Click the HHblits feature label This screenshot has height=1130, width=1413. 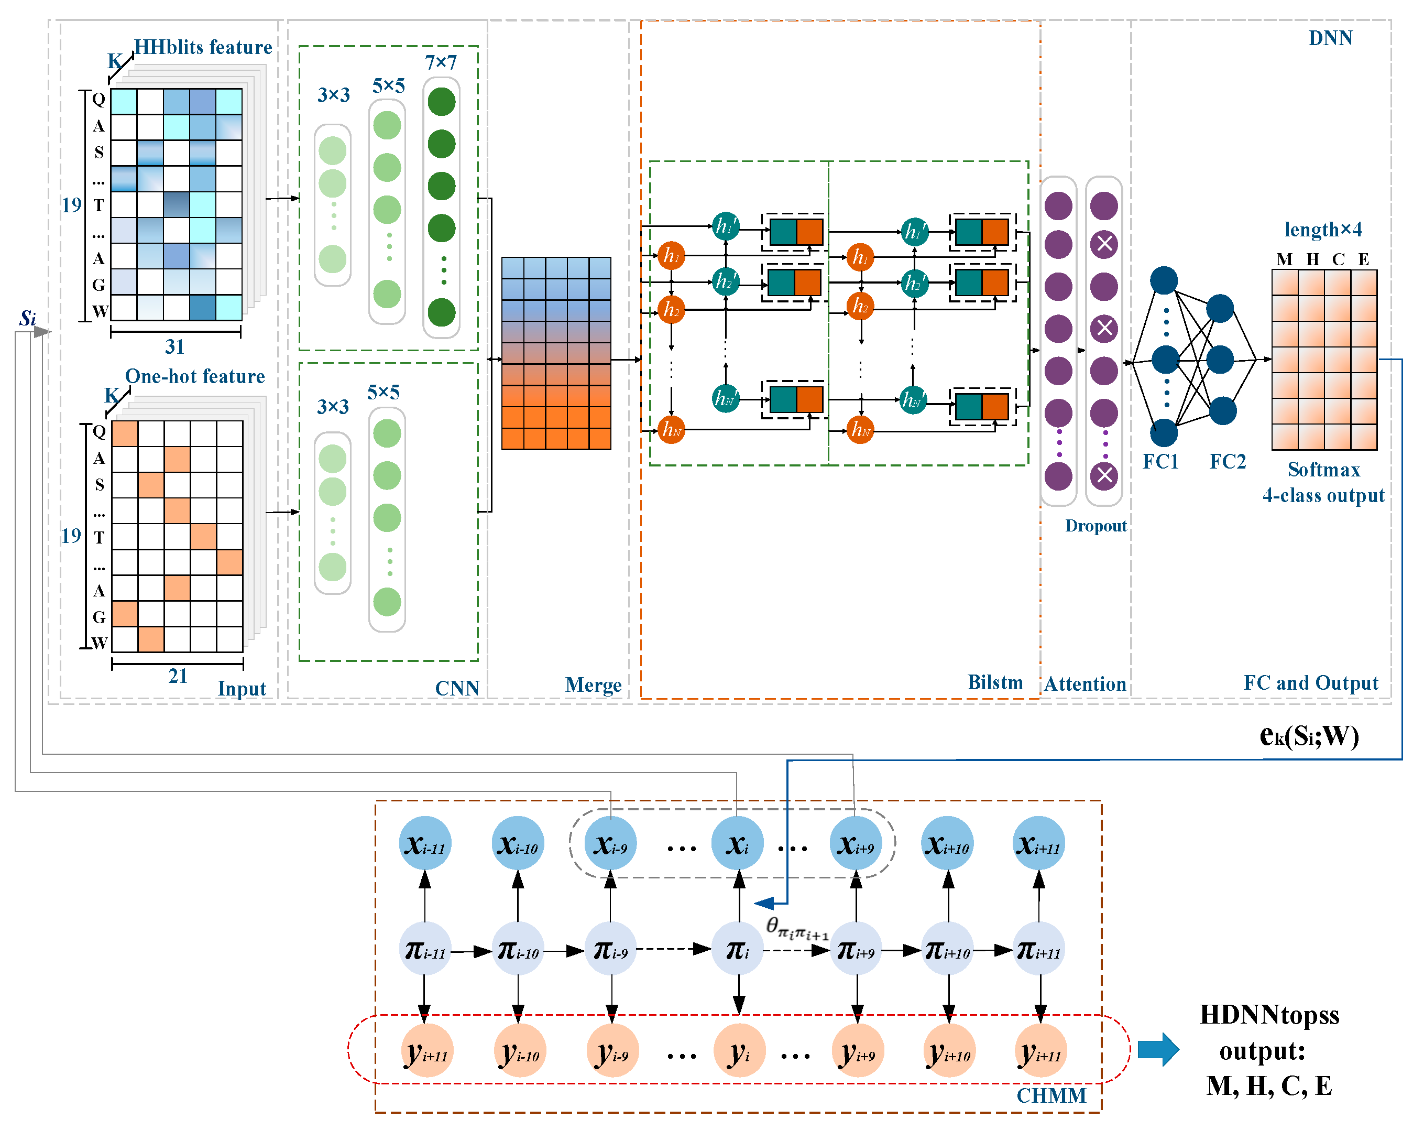(203, 47)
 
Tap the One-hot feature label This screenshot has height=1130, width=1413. (195, 376)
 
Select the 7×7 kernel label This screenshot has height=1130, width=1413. (441, 62)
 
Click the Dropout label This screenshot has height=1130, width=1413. (1095, 526)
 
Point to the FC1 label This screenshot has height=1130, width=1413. (1160, 461)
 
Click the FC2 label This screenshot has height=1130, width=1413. (1228, 461)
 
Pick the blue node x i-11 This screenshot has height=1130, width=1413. (425, 843)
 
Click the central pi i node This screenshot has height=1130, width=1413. (738, 949)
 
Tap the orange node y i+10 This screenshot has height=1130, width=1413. (948, 1051)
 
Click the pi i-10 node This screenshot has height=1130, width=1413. (518, 949)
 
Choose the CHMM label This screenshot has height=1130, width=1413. (1051, 1095)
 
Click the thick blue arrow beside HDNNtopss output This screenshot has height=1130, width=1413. (1158, 1049)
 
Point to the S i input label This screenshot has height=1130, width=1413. (28, 319)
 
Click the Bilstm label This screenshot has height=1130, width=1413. (995, 682)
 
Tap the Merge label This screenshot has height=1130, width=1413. (593, 685)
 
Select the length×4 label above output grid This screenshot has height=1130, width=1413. (1322, 230)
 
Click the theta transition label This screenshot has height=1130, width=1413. (797, 928)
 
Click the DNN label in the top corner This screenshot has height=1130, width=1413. (1330, 38)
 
